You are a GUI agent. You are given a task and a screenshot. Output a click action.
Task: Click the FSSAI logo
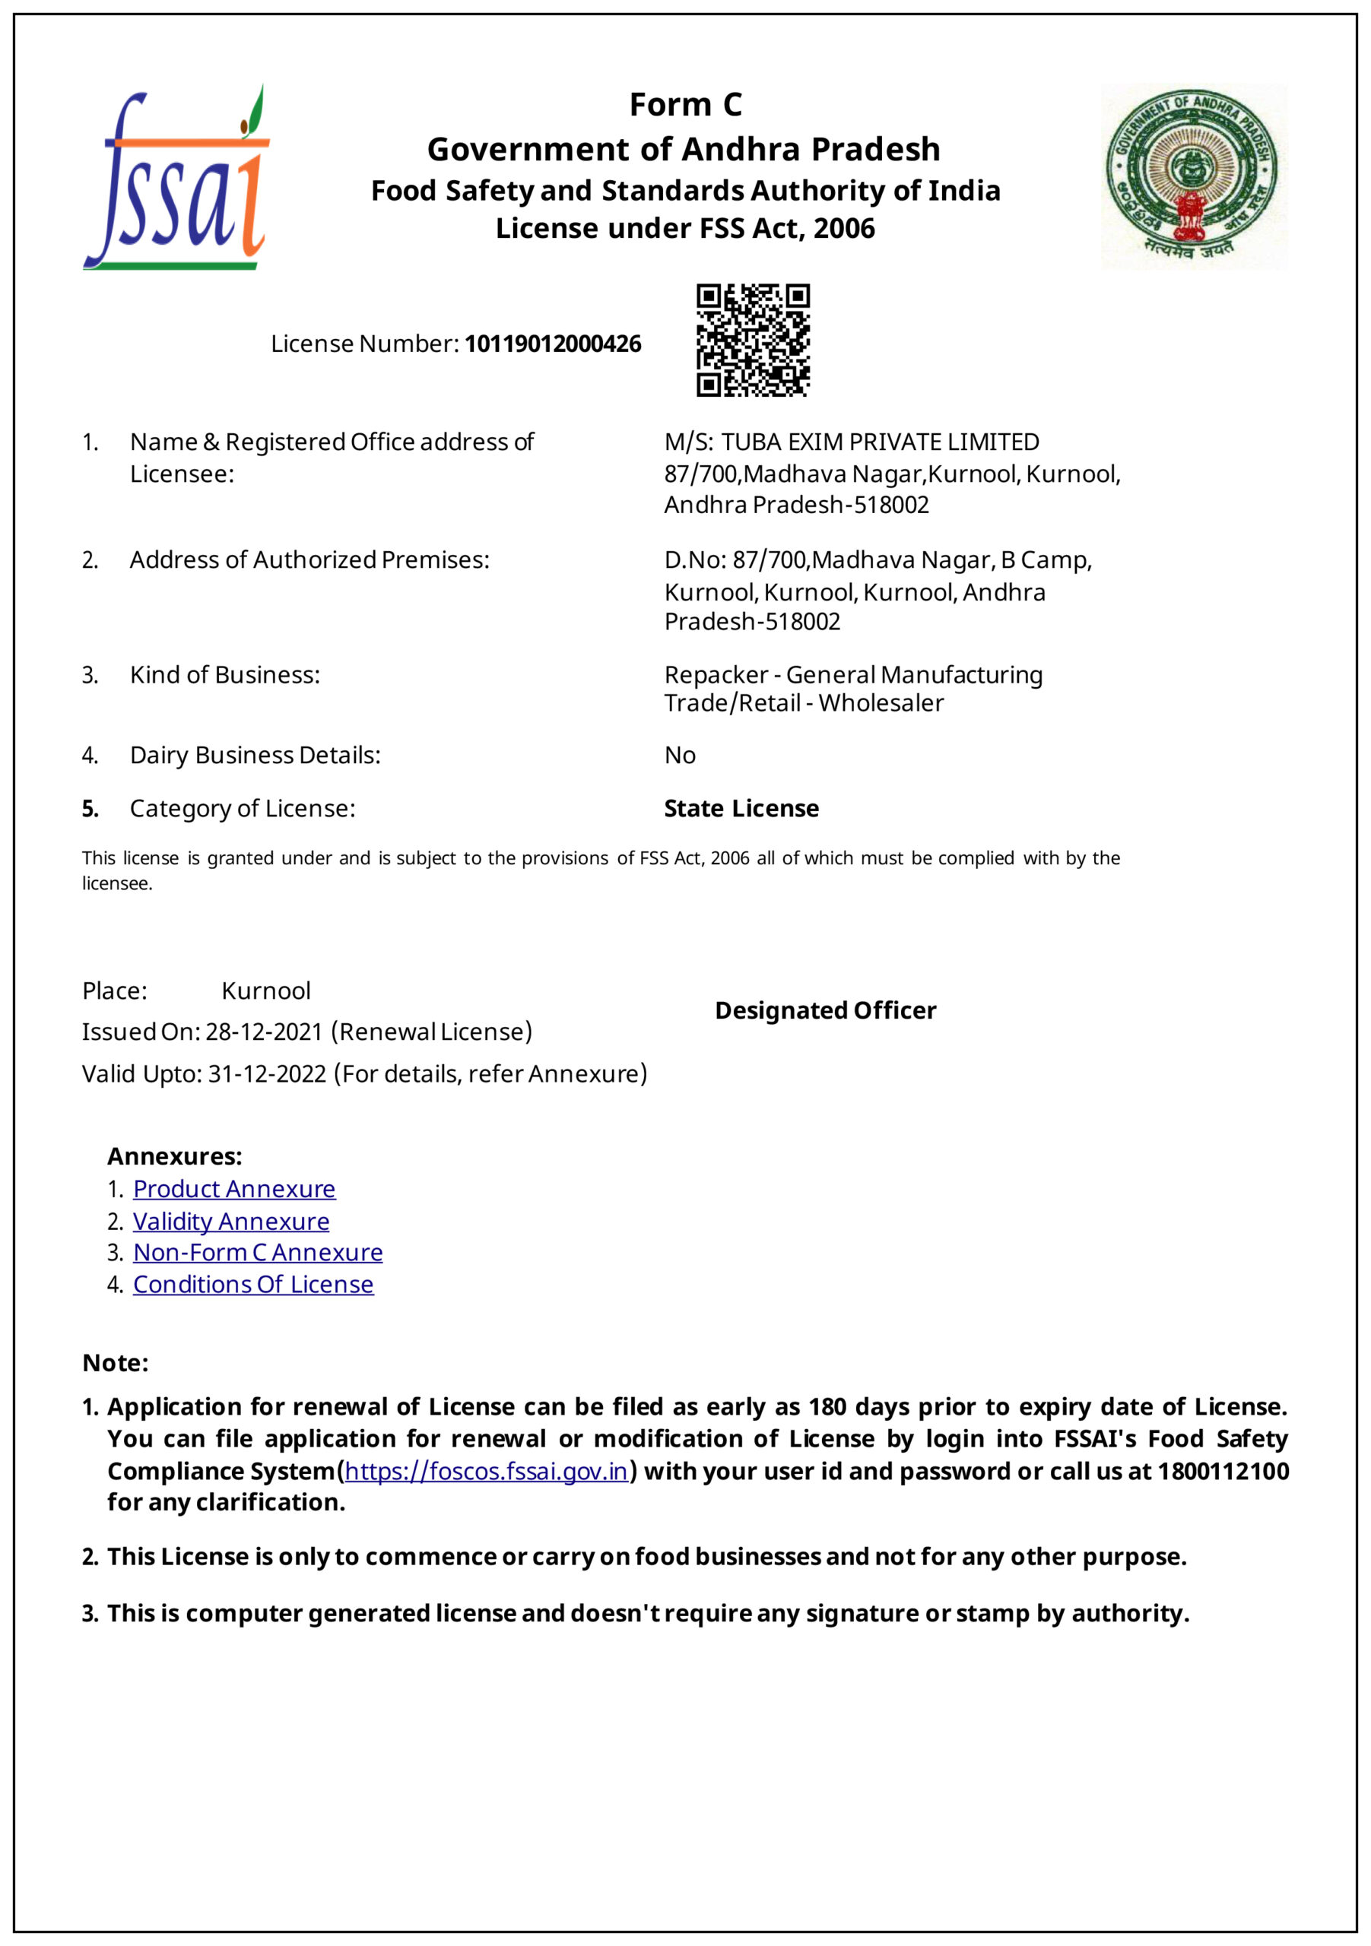(x=176, y=178)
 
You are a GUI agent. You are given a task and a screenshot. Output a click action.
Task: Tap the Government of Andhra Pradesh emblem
(x=1193, y=176)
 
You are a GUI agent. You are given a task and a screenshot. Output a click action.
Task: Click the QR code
(x=752, y=340)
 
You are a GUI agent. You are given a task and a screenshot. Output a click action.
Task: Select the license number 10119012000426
(x=553, y=344)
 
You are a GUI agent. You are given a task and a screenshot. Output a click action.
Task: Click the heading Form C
(x=685, y=105)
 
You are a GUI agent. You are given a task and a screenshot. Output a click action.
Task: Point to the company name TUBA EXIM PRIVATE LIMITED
(x=880, y=442)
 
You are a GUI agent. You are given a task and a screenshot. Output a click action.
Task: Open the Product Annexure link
(x=234, y=1189)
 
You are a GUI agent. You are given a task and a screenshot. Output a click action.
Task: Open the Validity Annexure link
(x=230, y=1222)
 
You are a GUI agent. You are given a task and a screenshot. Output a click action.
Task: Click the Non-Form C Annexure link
(x=258, y=1253)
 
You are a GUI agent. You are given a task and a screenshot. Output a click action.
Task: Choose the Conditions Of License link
(x=252, y=1285)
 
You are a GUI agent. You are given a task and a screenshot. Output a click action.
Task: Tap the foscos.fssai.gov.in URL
(x=486, y=1472)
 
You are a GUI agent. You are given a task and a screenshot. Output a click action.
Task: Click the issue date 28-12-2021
(x=264, y=1032)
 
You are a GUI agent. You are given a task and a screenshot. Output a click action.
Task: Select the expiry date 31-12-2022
(x=267, y=1075)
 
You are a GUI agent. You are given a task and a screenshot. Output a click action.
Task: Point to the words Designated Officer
(x=825, y=1010)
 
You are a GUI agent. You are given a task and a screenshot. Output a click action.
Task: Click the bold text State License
(x=741, y=809)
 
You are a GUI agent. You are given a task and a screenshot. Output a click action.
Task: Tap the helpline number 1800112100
(x=1223, y=1472)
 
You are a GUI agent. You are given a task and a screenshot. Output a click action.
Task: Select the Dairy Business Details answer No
(x=680, y=755)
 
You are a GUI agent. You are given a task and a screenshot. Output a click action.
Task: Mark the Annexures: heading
(x=175, y=1157)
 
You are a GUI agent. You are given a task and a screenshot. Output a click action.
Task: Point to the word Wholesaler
(x=881, y=703)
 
